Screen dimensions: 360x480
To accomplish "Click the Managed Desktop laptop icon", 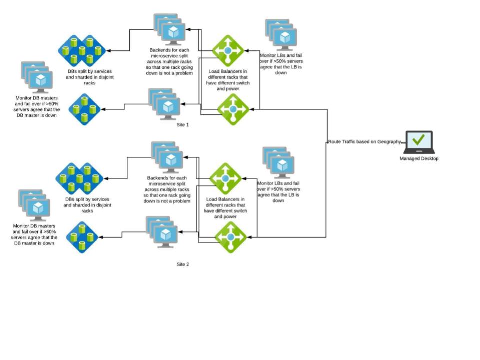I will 419,143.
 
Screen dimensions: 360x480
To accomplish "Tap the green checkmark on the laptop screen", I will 419,140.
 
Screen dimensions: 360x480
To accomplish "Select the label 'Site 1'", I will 183,125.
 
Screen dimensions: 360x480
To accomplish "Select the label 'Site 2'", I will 183,264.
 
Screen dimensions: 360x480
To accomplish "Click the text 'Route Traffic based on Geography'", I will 364,142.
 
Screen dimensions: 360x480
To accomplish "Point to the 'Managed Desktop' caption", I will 419,159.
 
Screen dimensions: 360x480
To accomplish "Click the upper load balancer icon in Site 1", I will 228,50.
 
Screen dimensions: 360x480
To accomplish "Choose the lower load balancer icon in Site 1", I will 233,109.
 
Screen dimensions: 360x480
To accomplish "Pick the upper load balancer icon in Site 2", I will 225,178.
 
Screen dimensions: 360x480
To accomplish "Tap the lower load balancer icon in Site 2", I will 231,237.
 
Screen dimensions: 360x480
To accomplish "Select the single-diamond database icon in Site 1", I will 84,109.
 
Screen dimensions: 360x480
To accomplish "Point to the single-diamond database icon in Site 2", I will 82,237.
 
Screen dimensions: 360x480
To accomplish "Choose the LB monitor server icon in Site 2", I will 279,163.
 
